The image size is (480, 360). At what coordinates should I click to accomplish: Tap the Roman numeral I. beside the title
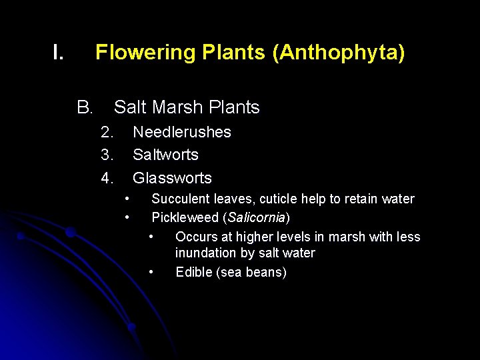(59, 52)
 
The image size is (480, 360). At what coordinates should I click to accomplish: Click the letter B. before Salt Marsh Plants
(84, 107)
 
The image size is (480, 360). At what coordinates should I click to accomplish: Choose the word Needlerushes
(181, 132)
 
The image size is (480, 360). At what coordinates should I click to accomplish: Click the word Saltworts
(165, 155)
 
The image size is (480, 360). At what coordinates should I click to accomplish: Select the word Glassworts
(172, 178)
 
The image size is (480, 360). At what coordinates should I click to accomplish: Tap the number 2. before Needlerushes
(107, 132)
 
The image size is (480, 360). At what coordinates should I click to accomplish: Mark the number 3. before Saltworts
(107, 155)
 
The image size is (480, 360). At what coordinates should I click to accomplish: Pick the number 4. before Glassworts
(107, 178)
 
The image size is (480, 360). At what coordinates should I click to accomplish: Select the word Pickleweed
(185, 217)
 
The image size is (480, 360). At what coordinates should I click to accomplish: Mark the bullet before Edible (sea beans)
(152, 271)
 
